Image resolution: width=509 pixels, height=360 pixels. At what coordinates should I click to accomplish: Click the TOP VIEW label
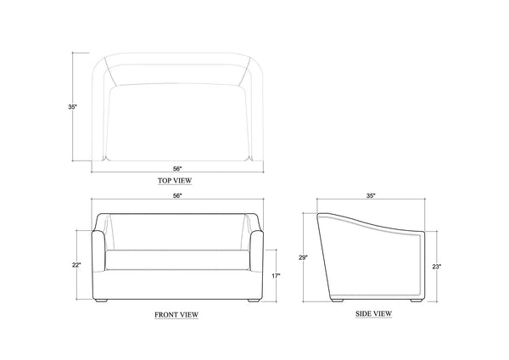175,181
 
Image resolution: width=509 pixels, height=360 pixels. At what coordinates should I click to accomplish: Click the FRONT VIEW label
176,315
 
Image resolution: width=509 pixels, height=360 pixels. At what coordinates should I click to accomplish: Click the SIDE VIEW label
373,314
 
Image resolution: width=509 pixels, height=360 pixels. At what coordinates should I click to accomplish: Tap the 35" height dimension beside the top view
72,107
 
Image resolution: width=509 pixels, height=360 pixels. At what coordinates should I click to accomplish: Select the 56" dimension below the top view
177,169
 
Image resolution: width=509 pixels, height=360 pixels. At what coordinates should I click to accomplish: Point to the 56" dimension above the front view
177,195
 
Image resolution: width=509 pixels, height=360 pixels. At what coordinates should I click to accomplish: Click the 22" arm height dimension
76,265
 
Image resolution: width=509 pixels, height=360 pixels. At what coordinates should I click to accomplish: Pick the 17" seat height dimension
276,276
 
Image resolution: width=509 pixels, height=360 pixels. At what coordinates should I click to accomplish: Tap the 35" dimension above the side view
371,195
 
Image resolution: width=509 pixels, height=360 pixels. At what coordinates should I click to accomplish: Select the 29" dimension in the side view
303,257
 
